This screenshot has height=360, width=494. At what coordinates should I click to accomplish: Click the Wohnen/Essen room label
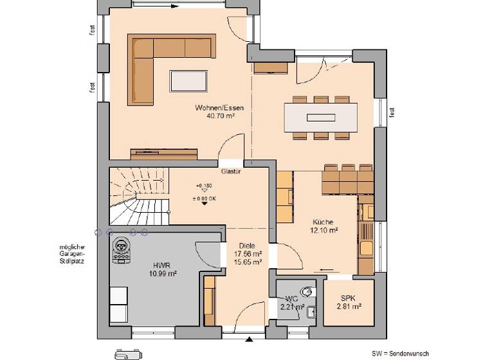[219, 108]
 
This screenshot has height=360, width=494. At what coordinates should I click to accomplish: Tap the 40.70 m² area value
[219, 116]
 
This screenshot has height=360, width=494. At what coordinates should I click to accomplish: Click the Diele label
[247, 246]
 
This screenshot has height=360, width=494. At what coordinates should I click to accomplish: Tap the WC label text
[291, 298]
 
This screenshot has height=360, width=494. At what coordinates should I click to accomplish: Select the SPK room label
[348, 298]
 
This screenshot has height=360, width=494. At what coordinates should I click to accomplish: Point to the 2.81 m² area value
[348, 307]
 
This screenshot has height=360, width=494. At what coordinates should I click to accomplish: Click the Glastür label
[230, 172]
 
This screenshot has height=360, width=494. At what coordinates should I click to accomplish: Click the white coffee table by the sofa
[188, 81]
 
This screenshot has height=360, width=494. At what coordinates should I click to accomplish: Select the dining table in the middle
[320, 118]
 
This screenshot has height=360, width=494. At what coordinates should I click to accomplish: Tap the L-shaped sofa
[154, 61]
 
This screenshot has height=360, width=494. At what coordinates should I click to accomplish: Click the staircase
[138, 196]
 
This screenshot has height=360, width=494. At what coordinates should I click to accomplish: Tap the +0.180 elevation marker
[203, 184]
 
